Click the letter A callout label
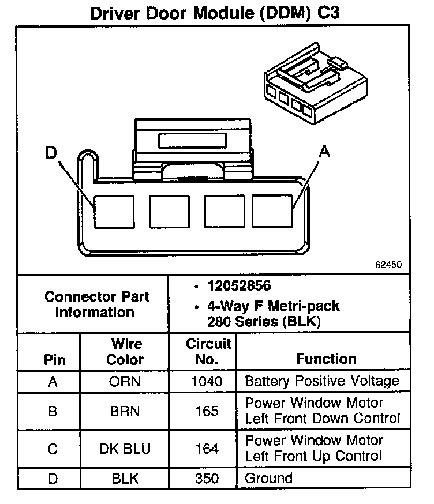tap(325, 152)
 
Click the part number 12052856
tap(240, 287)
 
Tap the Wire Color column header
tap(125, 352)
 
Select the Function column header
tap(325, 359)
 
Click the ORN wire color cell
tap(125, 382)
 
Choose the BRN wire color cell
tap(125, 411)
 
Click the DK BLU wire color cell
tap(125, 449)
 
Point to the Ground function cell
tap(268, 478)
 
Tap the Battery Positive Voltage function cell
tap(322, 381)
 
